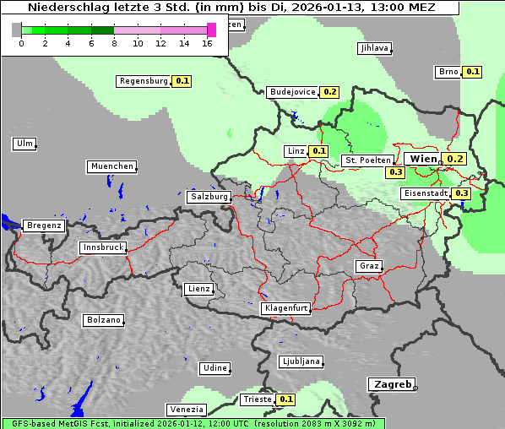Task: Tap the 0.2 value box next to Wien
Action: [455, 159]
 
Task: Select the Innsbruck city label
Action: [103, 247]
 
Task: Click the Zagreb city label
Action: [391, 383]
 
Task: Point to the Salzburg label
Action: [209, 197]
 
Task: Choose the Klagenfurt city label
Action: [285, 308]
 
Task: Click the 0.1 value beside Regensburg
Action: [182, 81]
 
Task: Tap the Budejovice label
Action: [292, 92]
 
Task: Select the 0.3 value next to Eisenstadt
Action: [461, 193]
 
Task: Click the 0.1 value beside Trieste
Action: [285, 399]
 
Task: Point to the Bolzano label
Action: [103, 320]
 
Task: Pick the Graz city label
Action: [368, 266]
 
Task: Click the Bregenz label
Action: [44, 225]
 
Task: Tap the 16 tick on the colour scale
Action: [208, 43]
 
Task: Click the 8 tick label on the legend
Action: [114, 43]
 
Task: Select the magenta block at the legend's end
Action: [211, 30]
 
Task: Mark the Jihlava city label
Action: [374, 48]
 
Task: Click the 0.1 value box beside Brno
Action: [472, 72]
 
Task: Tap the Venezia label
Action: [186, 410]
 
